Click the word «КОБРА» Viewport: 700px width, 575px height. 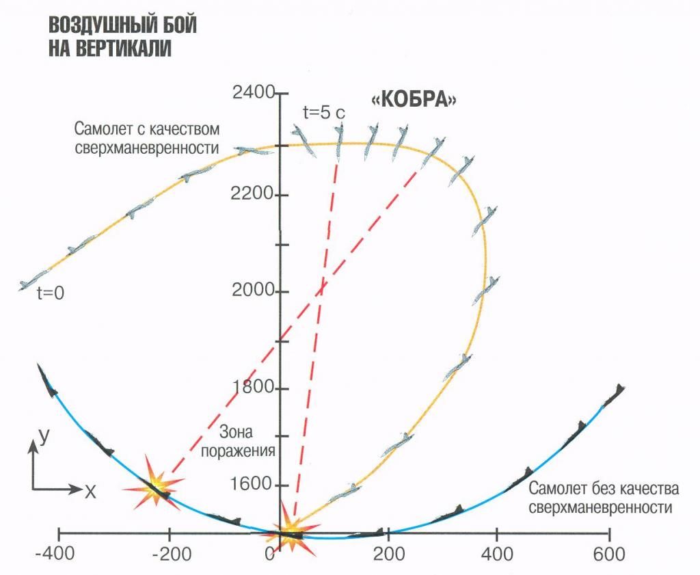[414, 99]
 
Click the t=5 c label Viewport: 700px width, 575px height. [323, 113]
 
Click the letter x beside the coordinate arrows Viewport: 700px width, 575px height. [90, 490]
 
